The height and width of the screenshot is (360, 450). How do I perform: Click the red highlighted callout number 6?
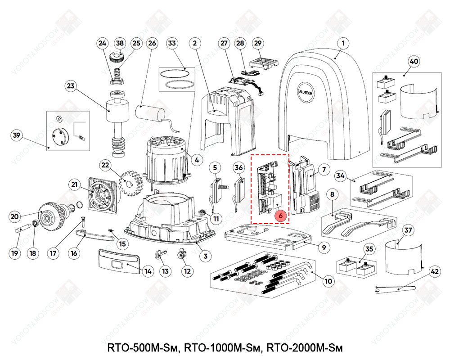281,216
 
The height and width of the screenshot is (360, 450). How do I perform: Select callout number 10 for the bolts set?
328,281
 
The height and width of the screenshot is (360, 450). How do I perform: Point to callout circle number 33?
171,43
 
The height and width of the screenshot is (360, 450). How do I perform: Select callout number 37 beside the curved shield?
408,231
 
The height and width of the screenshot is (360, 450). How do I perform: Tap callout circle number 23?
71,85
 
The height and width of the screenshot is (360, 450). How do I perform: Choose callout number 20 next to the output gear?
14,216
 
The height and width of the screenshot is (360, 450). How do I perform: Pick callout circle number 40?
413,61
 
